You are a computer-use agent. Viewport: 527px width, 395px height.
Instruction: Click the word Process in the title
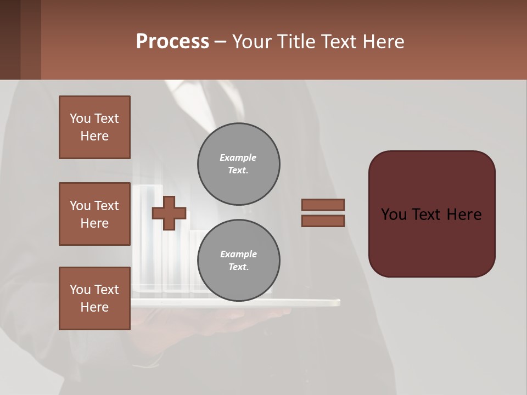tap(172, 42)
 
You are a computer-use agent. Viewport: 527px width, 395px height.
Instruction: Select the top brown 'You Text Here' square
tap(94, 127)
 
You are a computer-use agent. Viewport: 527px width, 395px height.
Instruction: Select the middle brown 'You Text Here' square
tap(94, 214)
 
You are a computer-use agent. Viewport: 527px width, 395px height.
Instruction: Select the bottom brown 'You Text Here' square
tap(94, 298)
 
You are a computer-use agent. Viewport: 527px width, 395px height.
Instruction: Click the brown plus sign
tap(169, 213)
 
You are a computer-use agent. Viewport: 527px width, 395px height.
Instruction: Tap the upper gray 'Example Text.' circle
tap(239, 164)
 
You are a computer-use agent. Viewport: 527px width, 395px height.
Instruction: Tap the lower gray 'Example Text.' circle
tap(239, 261)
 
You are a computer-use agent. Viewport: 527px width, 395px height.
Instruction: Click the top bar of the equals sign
tap(323, 205)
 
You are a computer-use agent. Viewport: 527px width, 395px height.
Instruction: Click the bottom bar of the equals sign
tap(323, 221)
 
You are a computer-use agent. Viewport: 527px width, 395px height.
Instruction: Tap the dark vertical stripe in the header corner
tap(10, 39)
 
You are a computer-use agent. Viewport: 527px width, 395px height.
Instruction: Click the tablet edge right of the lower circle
tap(313, 302)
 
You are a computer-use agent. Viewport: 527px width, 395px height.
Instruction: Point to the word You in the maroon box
tap(394, 215)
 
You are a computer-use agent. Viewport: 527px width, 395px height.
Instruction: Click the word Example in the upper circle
tap(238, 157)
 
